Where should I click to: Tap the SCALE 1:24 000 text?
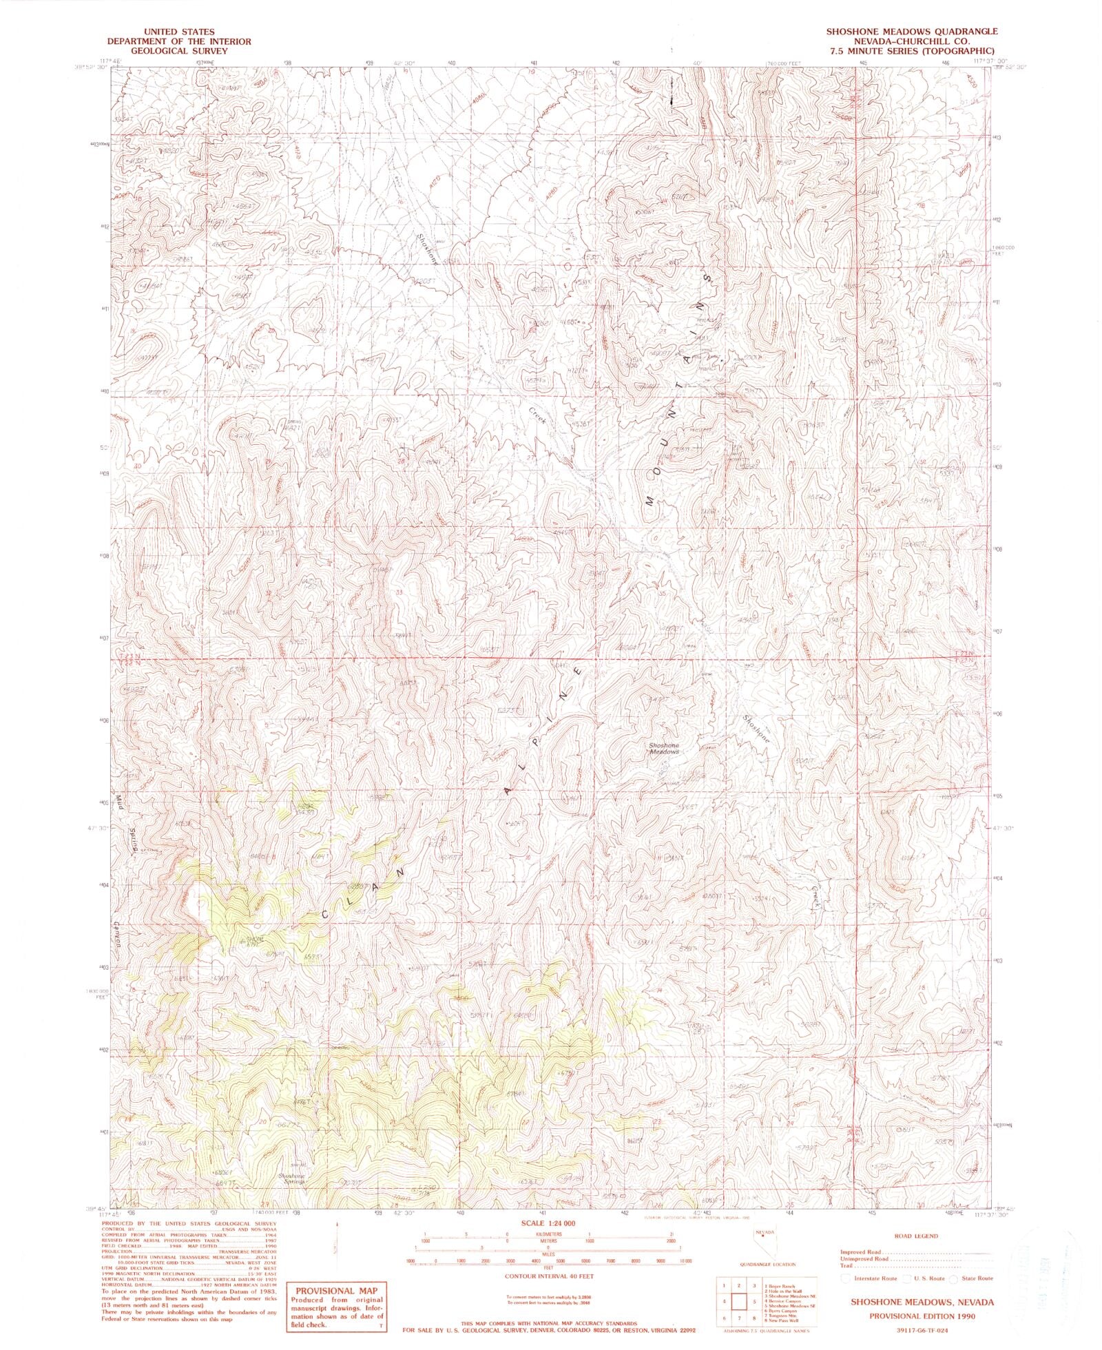coord(548,1223)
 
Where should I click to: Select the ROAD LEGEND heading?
coord(915,1236)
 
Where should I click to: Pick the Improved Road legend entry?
coord(860,1252)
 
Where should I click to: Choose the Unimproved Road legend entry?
coord(864,1259)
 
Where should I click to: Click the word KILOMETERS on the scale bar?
coord(548,1234)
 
